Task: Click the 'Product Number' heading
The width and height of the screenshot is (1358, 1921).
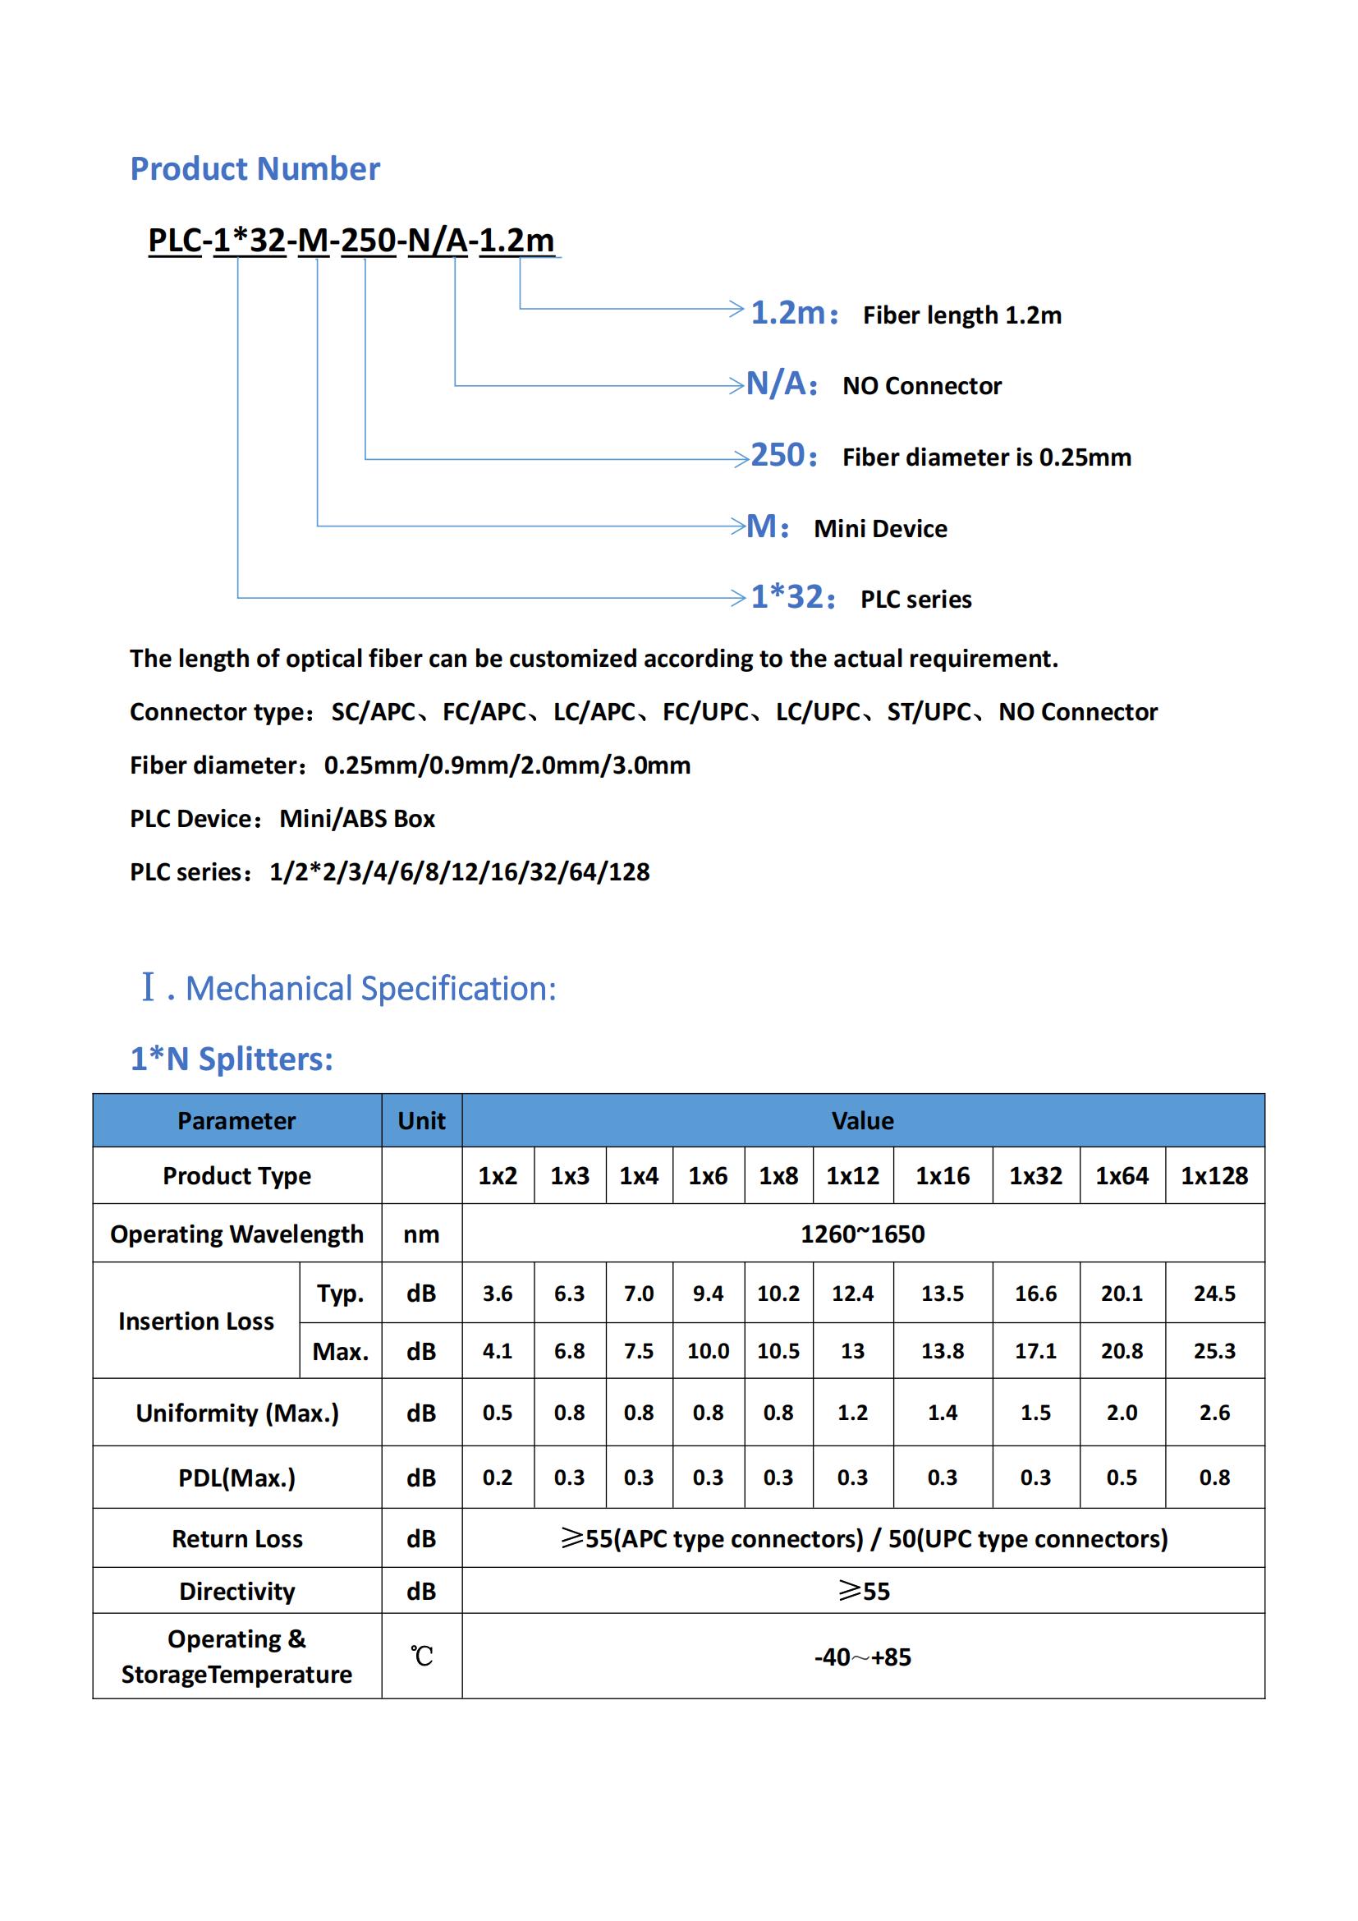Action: (255, 169)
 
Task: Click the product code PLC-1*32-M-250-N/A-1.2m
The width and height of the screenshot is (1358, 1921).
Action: (351, 240)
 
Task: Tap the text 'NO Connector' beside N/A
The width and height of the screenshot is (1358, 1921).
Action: (921, 386)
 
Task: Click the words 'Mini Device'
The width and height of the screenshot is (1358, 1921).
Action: (880, 529)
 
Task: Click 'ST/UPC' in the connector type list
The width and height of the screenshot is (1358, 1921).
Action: (929, 712)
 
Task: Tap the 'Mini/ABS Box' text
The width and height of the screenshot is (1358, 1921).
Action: (357, 818)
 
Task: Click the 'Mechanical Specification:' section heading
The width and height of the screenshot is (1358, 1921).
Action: (370, 989)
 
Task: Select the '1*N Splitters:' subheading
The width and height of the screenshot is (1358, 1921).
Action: (232, 1059)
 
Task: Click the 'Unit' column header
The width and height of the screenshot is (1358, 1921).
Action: (421, 1121)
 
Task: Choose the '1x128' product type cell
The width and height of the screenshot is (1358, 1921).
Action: (1214, 1175)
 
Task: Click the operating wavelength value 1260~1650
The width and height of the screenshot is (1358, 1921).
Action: (863, 1234)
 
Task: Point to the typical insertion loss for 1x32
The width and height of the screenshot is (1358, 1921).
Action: (1035, 1294)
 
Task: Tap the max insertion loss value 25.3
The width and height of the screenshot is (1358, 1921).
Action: (1214, 1350)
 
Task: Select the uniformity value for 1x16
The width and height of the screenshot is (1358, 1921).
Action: (943, 1413)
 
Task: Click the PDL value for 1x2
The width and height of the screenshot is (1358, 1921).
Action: (498, 1478)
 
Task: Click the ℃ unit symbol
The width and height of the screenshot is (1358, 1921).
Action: (421, 1656)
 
